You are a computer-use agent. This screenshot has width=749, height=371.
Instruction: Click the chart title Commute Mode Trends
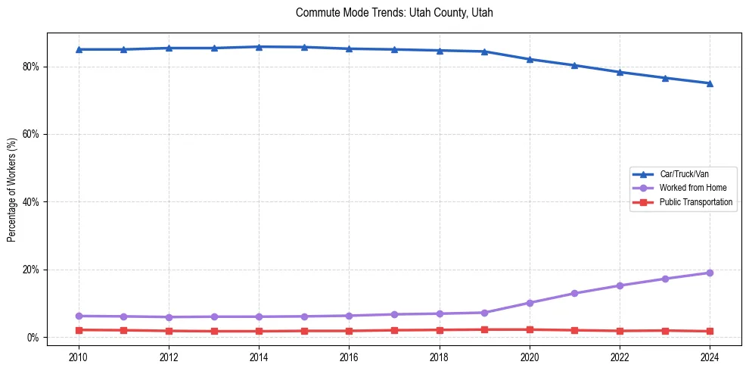pyautogui.click(x=394, y=13)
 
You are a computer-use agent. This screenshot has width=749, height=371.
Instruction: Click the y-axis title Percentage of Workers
pyautogui.click(x=11, y=189)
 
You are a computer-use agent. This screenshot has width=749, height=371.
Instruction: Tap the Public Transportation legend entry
pyautogui.click(x=695, y=202)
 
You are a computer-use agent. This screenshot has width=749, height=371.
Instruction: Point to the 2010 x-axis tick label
pyautogui.click(x=79, y=357)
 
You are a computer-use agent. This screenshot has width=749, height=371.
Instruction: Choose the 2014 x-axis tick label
pyautogui.click(x=259, y=357)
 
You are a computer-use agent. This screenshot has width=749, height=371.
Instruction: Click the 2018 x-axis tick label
pyautogui.click(x=439, y=357)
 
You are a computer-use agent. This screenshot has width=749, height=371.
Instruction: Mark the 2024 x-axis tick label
pyautogui.click(x=710, y=357)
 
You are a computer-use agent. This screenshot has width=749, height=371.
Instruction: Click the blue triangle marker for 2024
pyautogui.click(x=710, y=83)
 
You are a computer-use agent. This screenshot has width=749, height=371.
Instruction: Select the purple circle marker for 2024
pyautogui.click(x=710, y=273)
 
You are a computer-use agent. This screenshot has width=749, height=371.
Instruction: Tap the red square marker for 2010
pyautogui.click(x=79, y=330)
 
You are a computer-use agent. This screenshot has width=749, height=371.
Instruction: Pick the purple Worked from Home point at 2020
pyautogui.click(x=530, y=303)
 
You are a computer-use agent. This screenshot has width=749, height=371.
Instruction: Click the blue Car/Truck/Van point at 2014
pyautogui.click(x=259, y=47)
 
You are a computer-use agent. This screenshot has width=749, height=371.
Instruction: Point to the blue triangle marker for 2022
pyautogui.click(x=620, y=72)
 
